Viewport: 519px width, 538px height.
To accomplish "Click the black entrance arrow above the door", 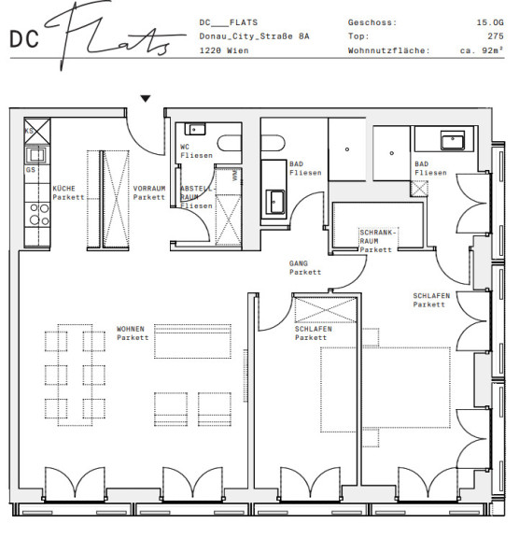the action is (x=146, y=98).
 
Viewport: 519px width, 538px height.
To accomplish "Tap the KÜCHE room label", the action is (x=63, y=189).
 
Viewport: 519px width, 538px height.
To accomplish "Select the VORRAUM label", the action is (x=149, y=189).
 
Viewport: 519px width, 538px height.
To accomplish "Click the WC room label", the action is (x=185, y=147).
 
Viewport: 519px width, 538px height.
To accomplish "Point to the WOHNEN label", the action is (x=131, y=329).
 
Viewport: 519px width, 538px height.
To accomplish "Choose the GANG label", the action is (x=298, y=263).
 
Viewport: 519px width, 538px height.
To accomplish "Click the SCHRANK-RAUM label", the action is (x=378, y=236).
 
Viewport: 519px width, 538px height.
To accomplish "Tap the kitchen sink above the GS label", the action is (x=36, y=155).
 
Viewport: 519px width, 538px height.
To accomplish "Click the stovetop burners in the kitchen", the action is (x=39, y=215).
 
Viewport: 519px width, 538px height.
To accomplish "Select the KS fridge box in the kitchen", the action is (x=37, y=131).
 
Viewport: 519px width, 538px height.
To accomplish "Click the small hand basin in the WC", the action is (x=195, y=129).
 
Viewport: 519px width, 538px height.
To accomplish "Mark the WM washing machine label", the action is (x=235, y=175).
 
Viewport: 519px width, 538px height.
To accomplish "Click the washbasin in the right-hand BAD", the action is (x=453, y=141).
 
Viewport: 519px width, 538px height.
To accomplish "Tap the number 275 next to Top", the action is (x=496, y=36).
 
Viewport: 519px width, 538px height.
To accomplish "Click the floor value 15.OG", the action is (x=490, y=22).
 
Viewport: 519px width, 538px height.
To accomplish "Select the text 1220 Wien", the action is (x=224, y=50).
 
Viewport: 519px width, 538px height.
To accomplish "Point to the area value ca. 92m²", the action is (x=482, y=50).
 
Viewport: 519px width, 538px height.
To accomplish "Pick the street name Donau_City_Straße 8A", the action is (x=254, y=36).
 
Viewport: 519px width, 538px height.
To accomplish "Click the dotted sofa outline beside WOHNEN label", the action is (x=192, y=341).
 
